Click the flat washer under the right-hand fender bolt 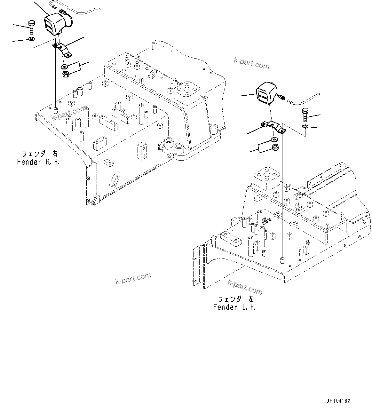[31, 39]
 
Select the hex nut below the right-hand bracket [65, 75]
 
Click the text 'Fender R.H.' [38, 162]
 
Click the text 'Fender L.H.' [234, 307]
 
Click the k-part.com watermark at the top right [251, 63]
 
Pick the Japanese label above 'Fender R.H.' [38, 154]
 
